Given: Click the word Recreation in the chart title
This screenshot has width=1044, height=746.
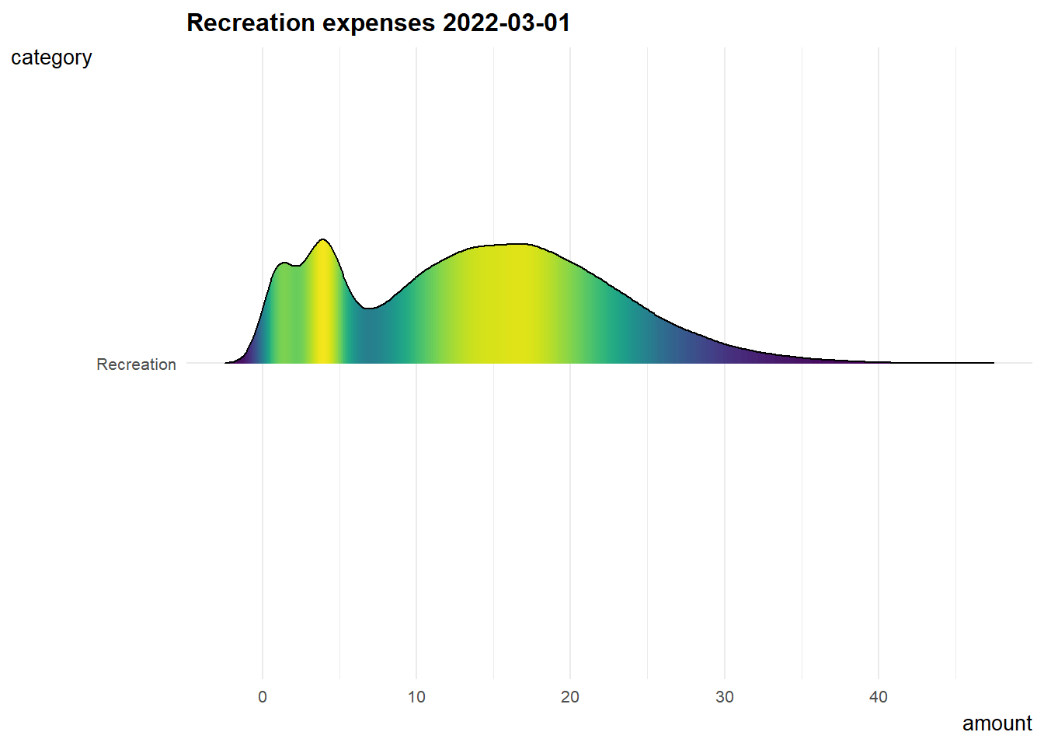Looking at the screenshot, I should [x=249, y=23].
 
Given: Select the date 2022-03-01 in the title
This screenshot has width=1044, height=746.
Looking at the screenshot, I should [x=506, y=23].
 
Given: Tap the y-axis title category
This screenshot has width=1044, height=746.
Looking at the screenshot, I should [x=51, y=58].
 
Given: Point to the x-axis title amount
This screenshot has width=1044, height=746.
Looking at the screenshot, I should [x=997, y=723].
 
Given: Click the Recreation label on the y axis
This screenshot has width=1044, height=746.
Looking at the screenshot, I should [x=136, y=364].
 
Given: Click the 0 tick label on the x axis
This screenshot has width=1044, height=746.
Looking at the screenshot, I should [x=263, y=697].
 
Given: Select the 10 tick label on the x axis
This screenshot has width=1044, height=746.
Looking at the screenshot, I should [x=416, y=697].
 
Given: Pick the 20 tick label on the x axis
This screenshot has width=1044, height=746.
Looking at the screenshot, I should [x=570, y=697].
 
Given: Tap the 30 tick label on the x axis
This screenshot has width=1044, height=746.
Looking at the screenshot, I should [x=725, y=697].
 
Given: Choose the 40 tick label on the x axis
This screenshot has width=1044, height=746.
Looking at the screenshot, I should [x=879, y=697].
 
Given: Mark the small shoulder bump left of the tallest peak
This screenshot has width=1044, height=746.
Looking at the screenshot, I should [x=284, y=263].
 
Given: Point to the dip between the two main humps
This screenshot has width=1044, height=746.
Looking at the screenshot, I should [x=369, y=309].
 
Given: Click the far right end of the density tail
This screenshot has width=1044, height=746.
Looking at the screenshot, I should [x=993, y=363].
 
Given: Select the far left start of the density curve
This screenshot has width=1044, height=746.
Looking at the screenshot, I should [x=226, y=363].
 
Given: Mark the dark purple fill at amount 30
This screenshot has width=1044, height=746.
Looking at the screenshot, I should [x=725, y=354].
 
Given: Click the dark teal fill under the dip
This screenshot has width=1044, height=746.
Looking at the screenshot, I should [x=369, y=338].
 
